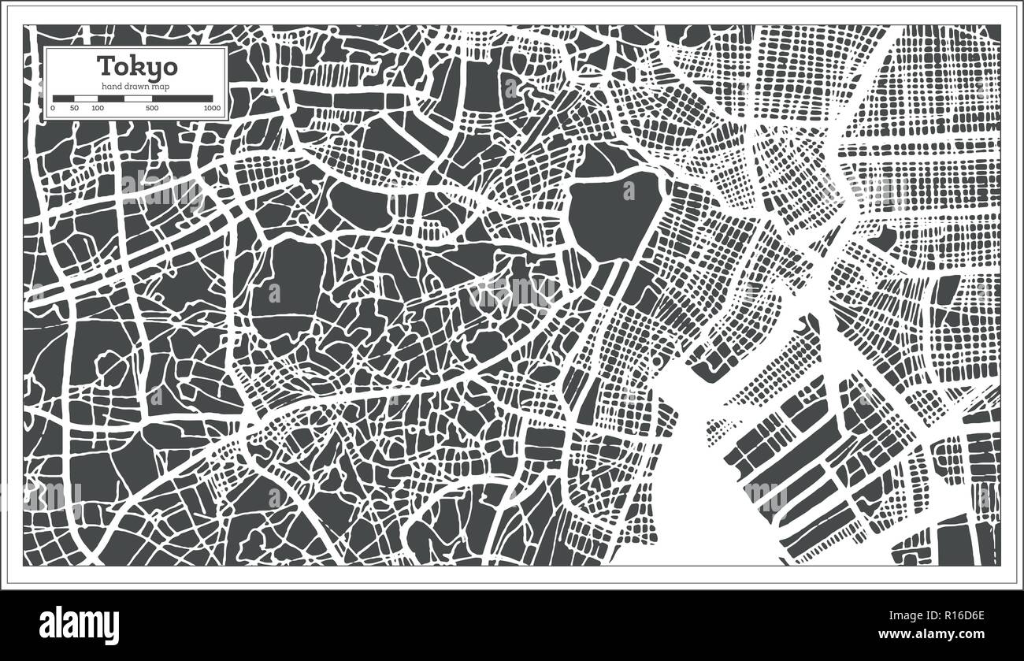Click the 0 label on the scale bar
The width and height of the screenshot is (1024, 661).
click(53, 108)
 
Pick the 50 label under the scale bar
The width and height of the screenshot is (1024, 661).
click(74, 108)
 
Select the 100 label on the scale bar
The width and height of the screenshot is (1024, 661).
click(97, 108)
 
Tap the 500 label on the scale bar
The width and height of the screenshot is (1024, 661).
click(152, 108)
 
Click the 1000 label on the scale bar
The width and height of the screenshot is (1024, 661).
click(211, 108)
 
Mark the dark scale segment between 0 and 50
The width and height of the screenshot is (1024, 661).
click(64, 98)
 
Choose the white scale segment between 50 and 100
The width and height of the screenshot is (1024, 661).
click(85, 98)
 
